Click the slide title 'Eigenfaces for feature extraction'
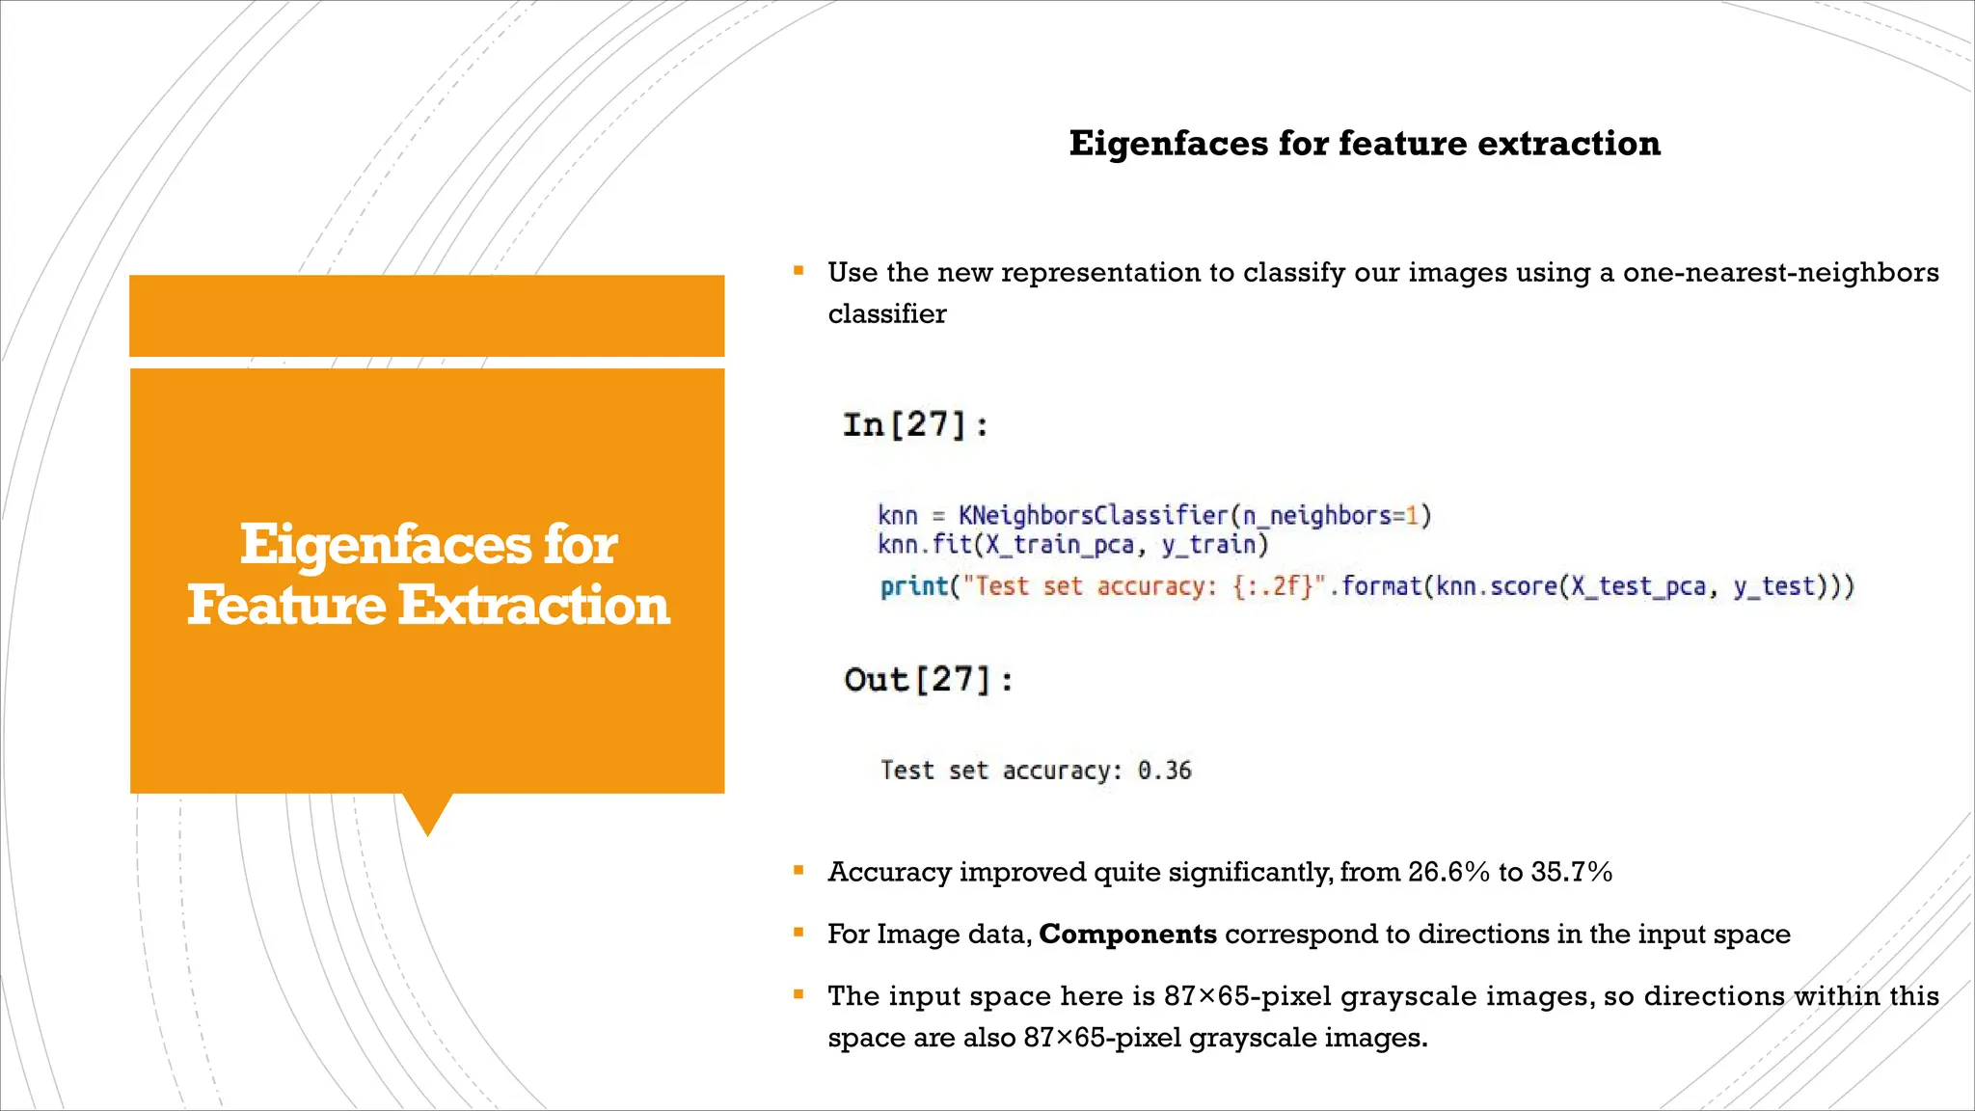(1365, 143)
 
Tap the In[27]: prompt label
(915, 424)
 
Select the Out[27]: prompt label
(929, 680)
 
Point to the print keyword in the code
(913, 586)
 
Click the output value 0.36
(1164, 771)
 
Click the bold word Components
(1127, 934)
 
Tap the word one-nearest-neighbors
(1780, 272)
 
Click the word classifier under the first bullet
(887, 313)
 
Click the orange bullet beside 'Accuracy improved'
(798, 871)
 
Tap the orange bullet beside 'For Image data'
(798, 933)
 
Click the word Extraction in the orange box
(533, 606)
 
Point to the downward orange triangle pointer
(427, 813)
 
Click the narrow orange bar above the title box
(426, 315)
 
